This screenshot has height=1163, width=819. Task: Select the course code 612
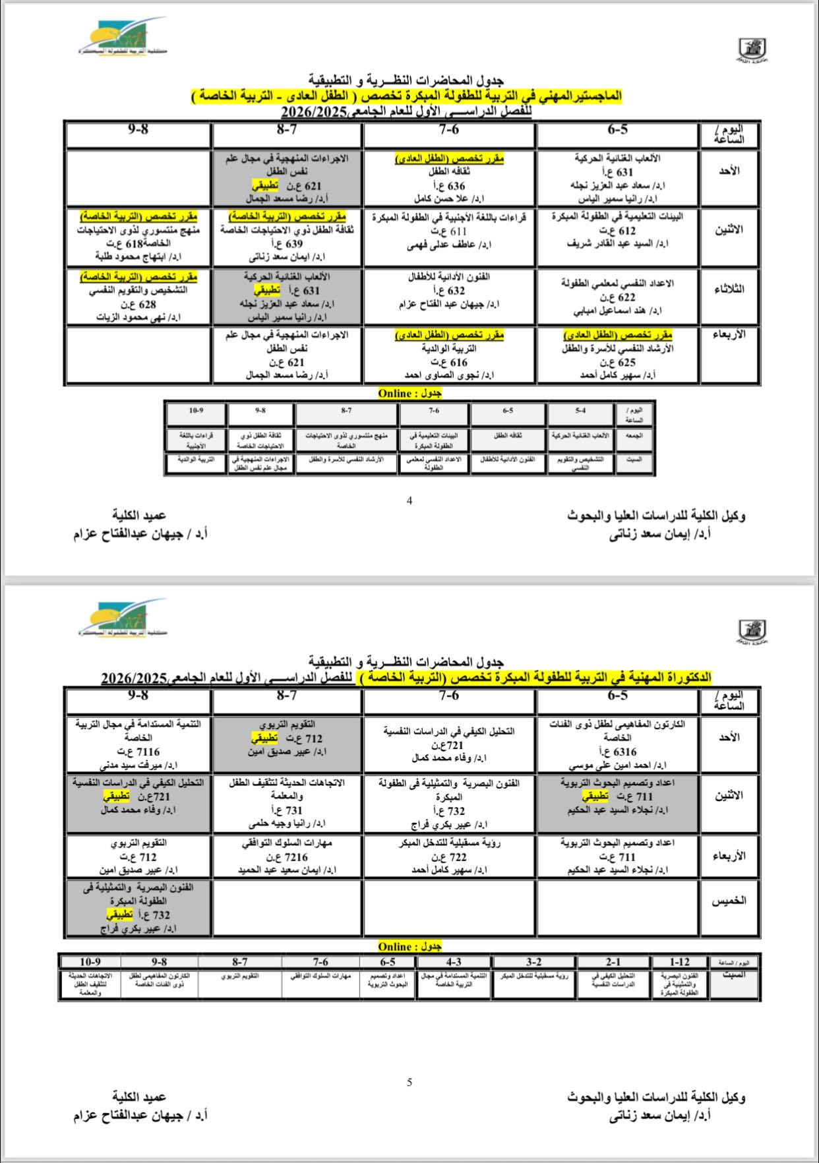point(626,231)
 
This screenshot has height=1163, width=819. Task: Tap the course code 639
point(294,244)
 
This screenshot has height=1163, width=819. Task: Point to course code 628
point(147,305)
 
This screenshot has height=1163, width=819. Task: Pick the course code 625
point(626,363)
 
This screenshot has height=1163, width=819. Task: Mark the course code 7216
point(295,857)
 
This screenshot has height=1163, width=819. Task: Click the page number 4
point(409,500)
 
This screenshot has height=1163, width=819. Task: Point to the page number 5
point(409,1082)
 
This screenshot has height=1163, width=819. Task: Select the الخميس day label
point(729,901)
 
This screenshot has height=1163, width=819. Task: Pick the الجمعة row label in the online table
point(634,436)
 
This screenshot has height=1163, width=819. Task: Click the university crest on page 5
point(752,631)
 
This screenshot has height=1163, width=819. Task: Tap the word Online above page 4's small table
point(395,394)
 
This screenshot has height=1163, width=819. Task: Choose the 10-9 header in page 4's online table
point(195,410)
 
